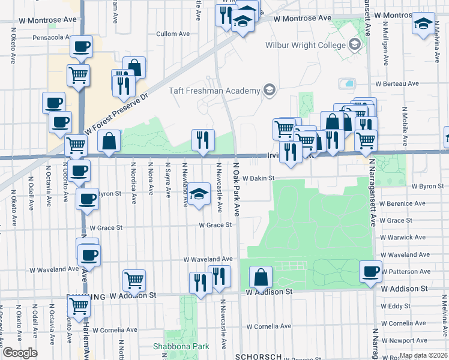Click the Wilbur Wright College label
pyautogui.click(x=306, y=45)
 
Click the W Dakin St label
pyautogui.click(x=258, y=178)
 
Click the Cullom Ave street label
pyautogui.click(x=173, y=34)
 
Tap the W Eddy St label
pyautogui.click(x=399, y=306)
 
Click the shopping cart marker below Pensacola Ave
pyautogui.click(x=78, y=76)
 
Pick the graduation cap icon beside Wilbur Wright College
pyautogui.click(x=354, y=44)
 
